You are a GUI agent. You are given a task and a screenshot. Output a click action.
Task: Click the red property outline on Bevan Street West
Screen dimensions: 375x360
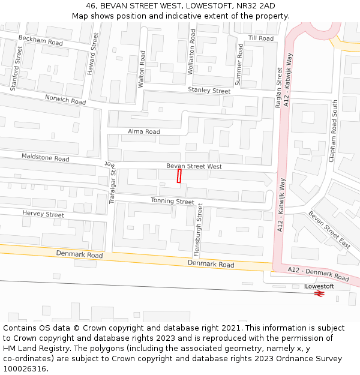click(x=179, y=176)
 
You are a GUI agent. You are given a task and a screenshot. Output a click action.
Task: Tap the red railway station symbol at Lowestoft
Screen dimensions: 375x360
click(x=319, y=294)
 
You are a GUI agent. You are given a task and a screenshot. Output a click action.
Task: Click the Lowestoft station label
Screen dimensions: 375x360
click(x=319, y=286)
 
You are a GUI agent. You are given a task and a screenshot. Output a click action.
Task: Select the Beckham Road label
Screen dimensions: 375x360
click(x=41, y=41)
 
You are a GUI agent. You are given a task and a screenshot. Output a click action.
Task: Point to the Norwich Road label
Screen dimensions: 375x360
click(x=65, y=100)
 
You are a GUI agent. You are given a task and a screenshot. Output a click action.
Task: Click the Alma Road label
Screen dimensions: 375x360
click(x=144, y=131)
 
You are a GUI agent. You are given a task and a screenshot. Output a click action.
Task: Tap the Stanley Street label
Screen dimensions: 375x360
click(x=209, y=91)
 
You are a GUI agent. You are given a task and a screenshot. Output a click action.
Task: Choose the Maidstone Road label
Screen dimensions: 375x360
click(x=46, y=158)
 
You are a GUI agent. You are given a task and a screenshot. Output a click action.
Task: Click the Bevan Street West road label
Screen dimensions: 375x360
click(x=194, y=166)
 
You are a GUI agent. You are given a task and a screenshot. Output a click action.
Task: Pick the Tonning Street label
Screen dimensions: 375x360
click(x=172, y=202)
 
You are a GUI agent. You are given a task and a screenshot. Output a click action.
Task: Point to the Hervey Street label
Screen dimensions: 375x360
click(x=43, y=214)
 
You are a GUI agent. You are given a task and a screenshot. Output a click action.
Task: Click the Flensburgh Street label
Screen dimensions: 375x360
click(x=200, y=229)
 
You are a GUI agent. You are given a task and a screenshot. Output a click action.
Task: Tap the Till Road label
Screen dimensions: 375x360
click(x=261, y=38)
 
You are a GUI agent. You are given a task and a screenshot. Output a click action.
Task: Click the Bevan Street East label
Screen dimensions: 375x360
click(x=329, y=230)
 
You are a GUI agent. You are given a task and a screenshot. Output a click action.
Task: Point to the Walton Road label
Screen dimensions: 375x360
click(x=142, y=69)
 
